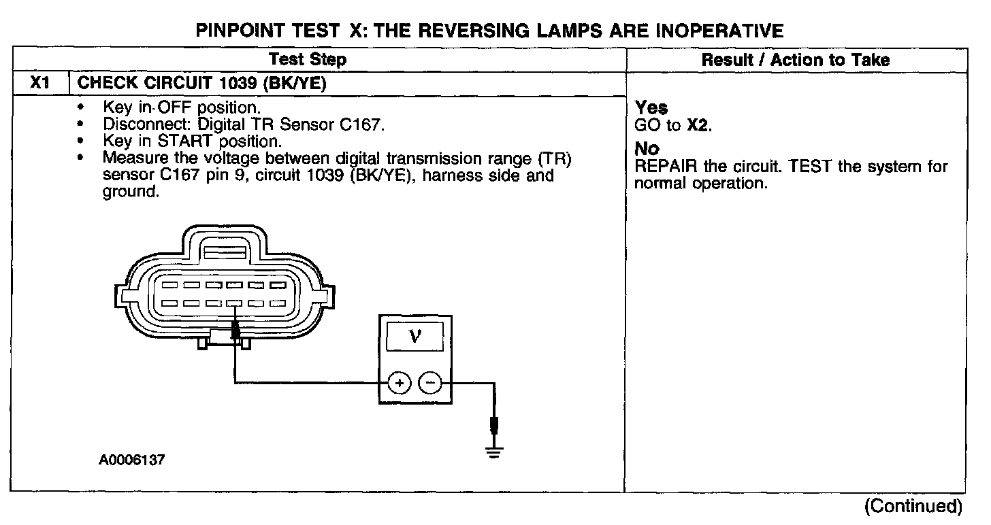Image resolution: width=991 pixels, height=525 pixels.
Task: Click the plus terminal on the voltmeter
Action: point(400,384)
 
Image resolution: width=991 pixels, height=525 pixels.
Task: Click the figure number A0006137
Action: point(131,460)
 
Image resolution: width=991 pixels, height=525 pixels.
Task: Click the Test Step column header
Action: point(308,60)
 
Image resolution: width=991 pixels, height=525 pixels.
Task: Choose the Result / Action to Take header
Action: point(795,60)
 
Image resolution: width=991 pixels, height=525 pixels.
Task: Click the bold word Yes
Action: point(651,108)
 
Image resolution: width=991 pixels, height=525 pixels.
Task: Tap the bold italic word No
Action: point(647,149)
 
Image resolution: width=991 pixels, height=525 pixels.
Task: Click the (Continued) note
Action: point(913,506)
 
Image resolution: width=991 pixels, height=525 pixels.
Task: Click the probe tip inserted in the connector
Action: point(235,331)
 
